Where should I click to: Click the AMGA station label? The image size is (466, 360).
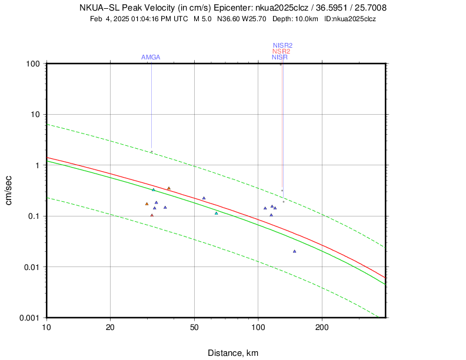click(x=151, y=57)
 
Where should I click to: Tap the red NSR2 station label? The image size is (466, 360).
click(x=281, y=51)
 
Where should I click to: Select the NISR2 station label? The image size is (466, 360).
click(x=282, y=45)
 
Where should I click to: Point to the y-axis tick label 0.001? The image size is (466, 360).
click(x=29, y=318)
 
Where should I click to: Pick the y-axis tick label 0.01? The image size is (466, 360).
click(x=31, y=267)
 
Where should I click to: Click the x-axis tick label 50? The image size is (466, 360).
click(x=194, y=327)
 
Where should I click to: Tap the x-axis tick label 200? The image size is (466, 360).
click(x=322, y=327)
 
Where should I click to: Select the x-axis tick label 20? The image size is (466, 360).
click(x=110, y=327)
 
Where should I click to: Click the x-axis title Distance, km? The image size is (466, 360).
click(x=233, y=353)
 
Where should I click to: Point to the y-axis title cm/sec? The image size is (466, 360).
click(x=10, y=190)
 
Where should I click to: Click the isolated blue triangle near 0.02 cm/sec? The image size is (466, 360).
click(x=294, y=251)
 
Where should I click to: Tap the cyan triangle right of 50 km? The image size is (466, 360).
click(x=216, y=213)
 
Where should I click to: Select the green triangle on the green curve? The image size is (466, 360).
click(x=153, y=189)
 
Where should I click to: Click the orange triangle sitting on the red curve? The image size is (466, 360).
click(x=168, y=188)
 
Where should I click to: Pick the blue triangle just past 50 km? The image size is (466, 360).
click(x=204, y=198)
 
